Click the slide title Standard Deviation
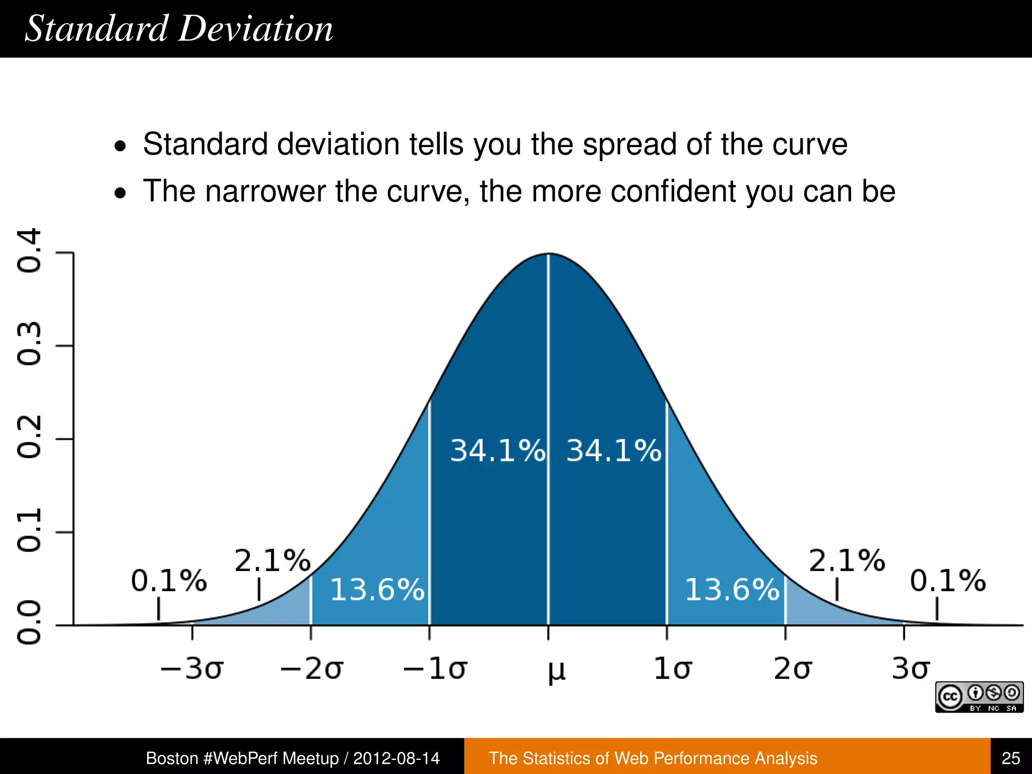[x=179, y=29]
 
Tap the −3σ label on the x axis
[x=191, y=669]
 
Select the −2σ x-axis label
[x=311, y=669]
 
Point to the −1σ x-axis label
[x=435, y=669]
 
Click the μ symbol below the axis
[x=556, y=671]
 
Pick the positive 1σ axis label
[x=672, y=669]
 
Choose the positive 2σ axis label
[x=792, y=669]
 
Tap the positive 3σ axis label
[x=910, y=669]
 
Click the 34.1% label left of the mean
[x=497, y=450]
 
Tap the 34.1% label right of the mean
[x=614, y=450]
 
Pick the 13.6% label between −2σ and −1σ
[x=377, y=589]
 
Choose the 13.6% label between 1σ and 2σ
[x=732, y=589]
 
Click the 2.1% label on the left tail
[x=272, y=560]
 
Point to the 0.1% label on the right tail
[x=947, y=580]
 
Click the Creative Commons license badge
[x=979, y=697]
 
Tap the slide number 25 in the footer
[x=1011, y=758]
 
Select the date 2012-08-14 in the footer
[x=396, y=758]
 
